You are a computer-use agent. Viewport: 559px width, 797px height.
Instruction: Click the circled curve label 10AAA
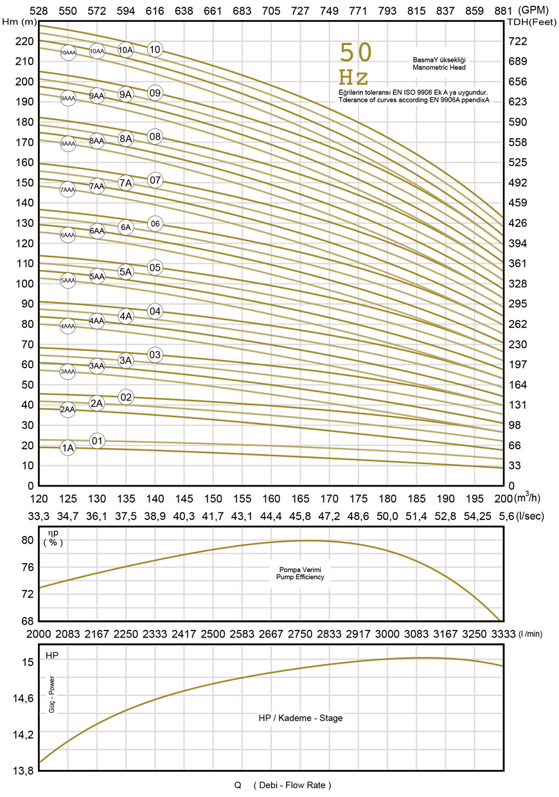click(x=68, y=53)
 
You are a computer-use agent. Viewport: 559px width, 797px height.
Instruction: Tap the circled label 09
click(x=154, y=93)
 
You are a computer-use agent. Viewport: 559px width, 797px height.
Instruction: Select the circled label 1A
click(x=68, y=448)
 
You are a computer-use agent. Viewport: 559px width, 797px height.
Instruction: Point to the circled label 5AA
click(x=97, y=276)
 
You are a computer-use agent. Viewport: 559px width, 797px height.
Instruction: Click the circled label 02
click(x=126, y=397)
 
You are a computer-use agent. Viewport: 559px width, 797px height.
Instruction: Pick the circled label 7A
click(x=126, y=183)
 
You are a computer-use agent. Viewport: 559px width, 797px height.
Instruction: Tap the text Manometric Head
click(x=439, y=67)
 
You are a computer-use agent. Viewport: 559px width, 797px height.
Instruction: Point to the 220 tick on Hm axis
click(x=24, y=41)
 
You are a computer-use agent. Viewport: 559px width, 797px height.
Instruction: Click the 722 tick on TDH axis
click(x=517, y=41)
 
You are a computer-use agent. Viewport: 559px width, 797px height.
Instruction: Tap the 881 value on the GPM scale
click(x=504, y=10)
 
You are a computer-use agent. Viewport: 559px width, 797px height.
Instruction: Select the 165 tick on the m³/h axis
click(x=301, y=499)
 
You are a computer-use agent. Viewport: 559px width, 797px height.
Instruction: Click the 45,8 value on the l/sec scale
click(x=301, y=516)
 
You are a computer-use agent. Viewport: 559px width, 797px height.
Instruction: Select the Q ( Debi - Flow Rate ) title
click(x=283, y=785)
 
